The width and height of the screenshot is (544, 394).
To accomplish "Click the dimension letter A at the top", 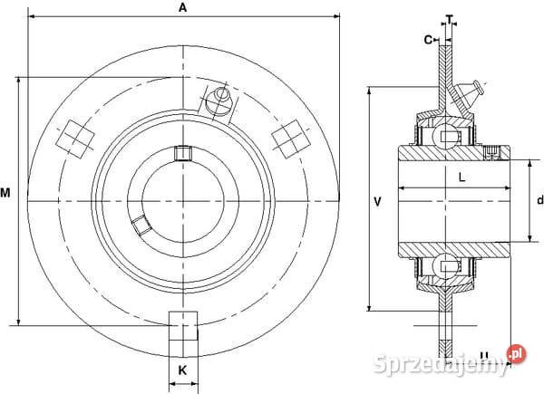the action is [182, 7].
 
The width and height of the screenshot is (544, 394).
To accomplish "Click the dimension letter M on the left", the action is [5, 193].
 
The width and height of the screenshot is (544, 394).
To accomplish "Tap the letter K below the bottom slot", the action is [182, 370].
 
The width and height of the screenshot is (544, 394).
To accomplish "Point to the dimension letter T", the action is [450, 20].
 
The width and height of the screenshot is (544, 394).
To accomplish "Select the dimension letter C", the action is [429, 40].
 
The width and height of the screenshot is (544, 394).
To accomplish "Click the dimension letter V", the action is [378, 202].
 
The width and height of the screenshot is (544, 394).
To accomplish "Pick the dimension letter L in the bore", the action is [461, 178].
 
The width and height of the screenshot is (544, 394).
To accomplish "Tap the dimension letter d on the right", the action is [539, 200].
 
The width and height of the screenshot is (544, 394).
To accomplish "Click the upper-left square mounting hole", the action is [75, 139].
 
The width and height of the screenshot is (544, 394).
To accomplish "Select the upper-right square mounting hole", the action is [290, 139].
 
